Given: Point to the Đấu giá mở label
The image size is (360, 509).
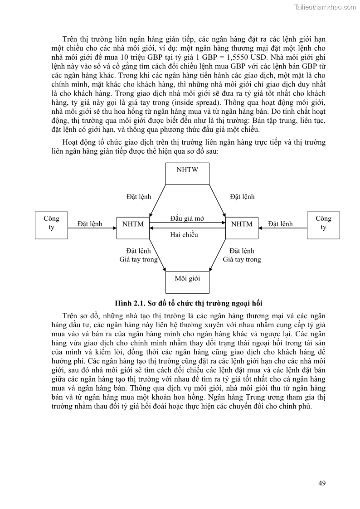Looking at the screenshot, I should [187, 218].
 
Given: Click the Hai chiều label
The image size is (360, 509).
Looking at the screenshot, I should [184, 235].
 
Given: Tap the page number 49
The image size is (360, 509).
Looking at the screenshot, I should [322, 483].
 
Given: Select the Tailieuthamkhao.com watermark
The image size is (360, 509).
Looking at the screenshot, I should [325, 7].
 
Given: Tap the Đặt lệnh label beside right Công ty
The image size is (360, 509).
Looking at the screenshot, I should [280, 224].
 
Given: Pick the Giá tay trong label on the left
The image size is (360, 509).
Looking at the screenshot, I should [138, 260].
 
